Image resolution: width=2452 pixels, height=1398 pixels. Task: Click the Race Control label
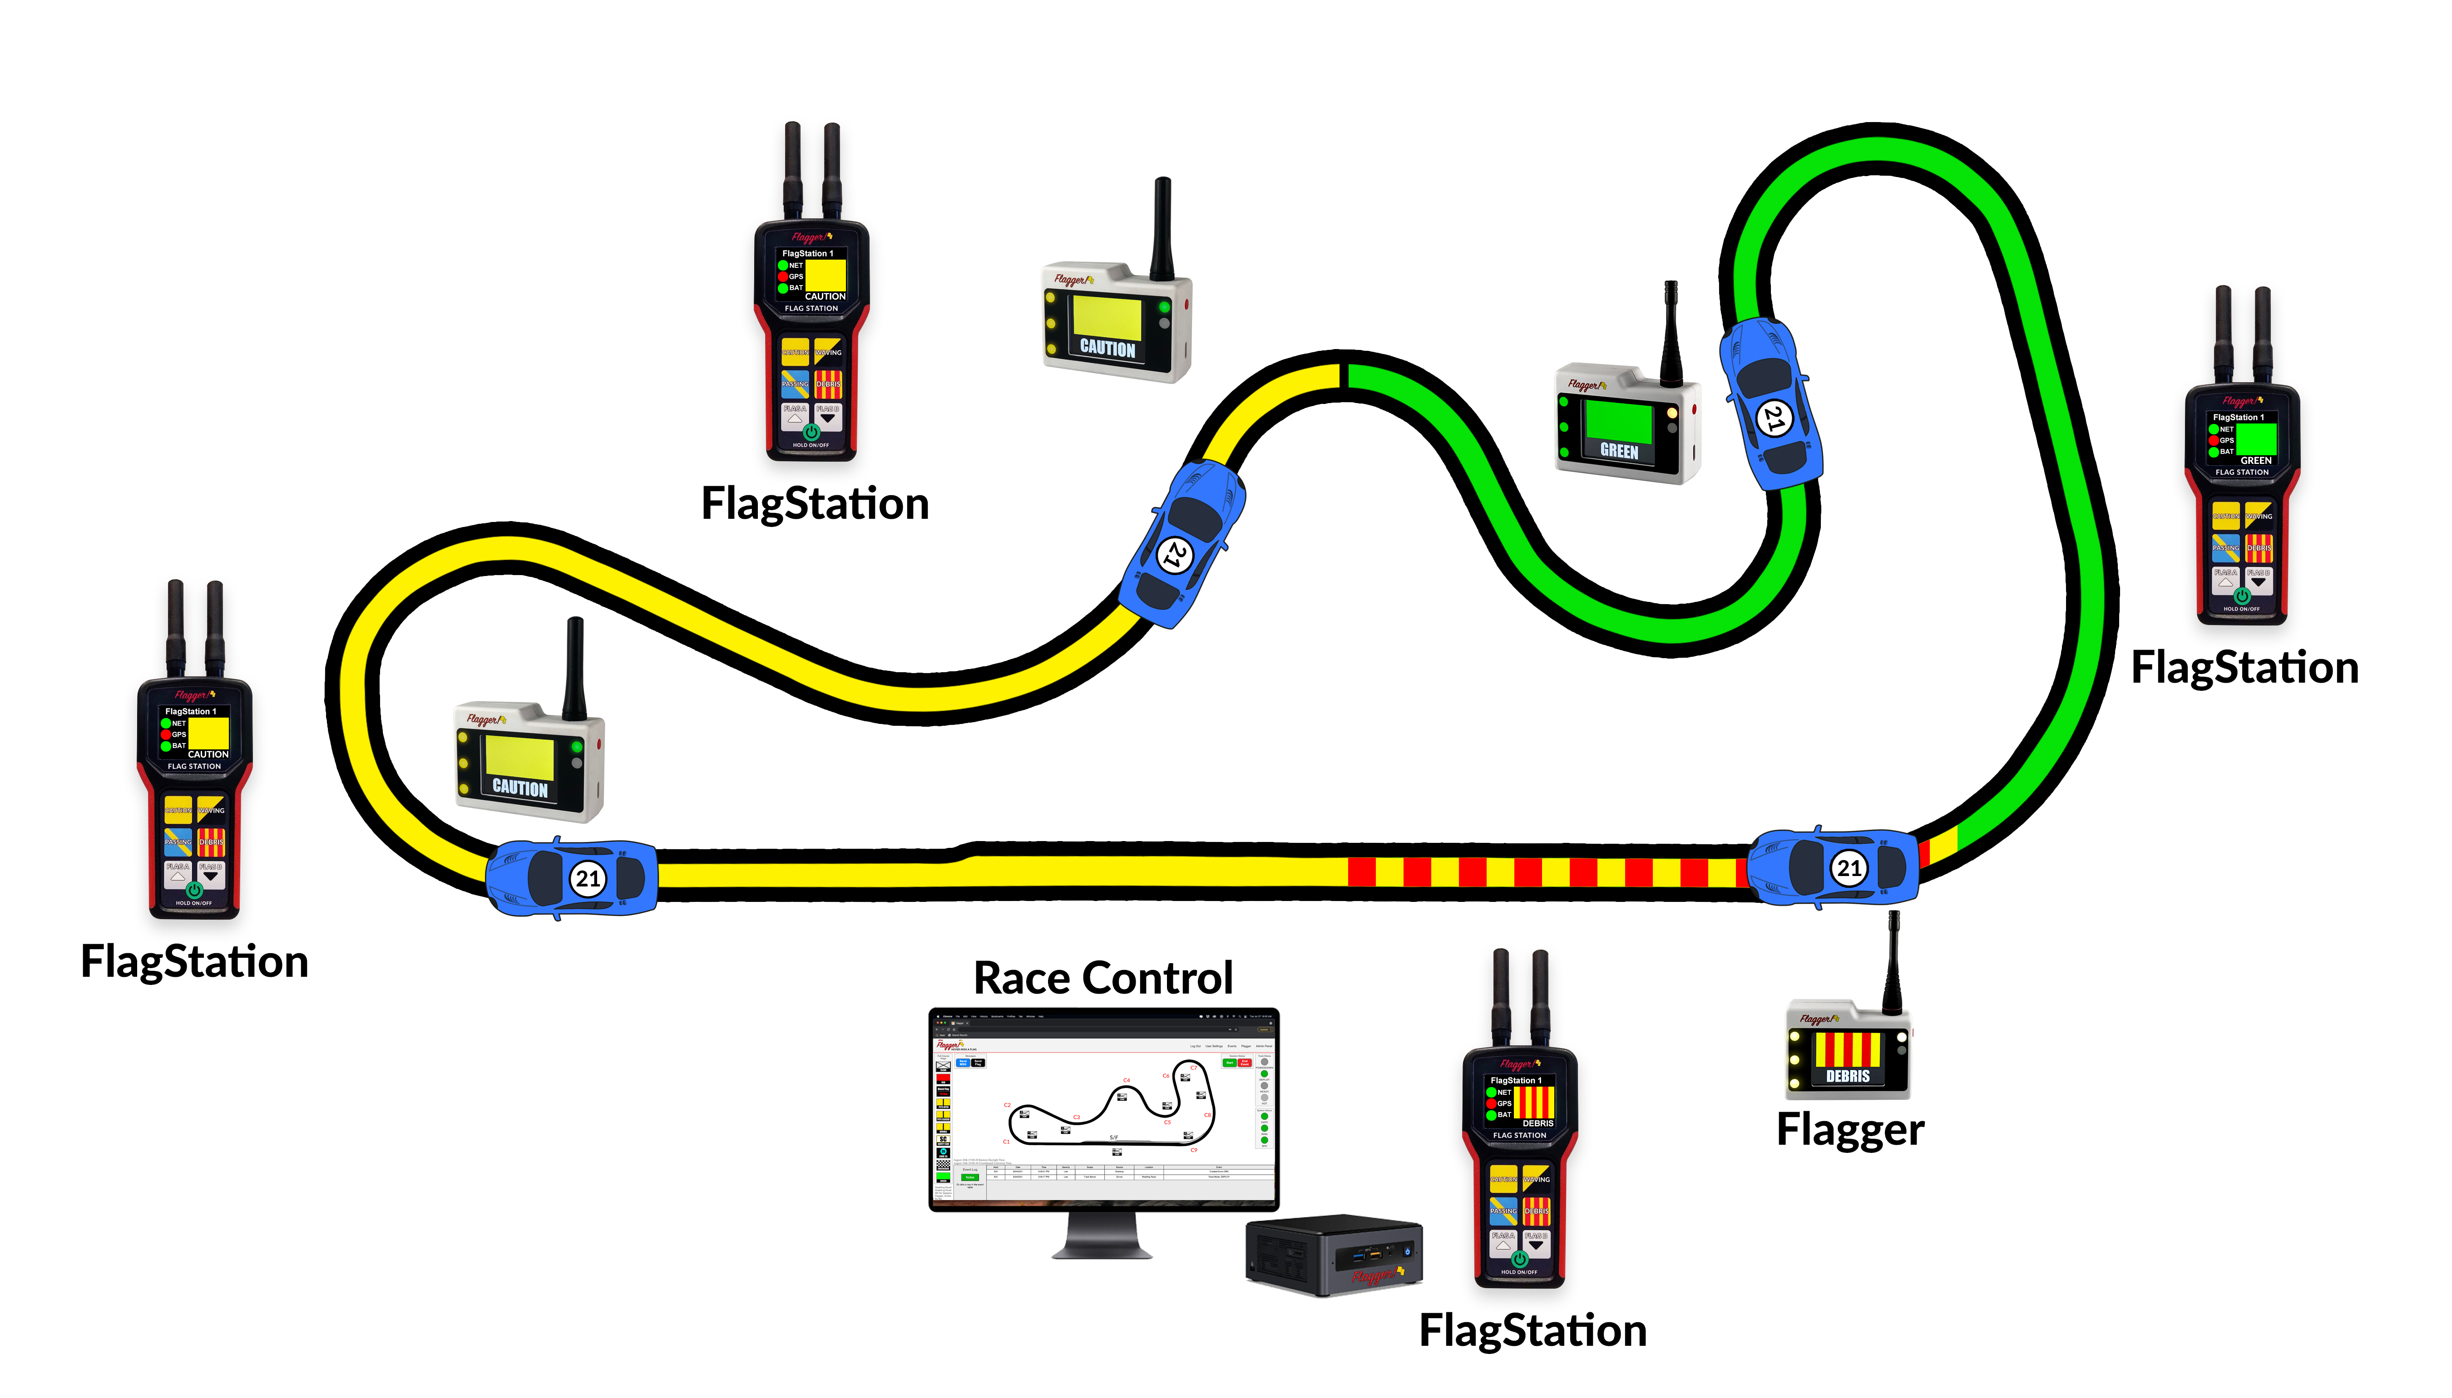pos(1102,979)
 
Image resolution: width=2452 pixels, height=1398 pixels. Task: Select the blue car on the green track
pos(1772,403)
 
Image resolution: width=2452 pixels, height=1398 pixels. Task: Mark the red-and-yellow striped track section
pos(1546,872)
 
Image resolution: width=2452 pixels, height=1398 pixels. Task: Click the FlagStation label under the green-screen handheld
pos(2244,667)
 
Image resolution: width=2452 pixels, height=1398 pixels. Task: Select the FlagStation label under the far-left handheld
pos(194,961)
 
